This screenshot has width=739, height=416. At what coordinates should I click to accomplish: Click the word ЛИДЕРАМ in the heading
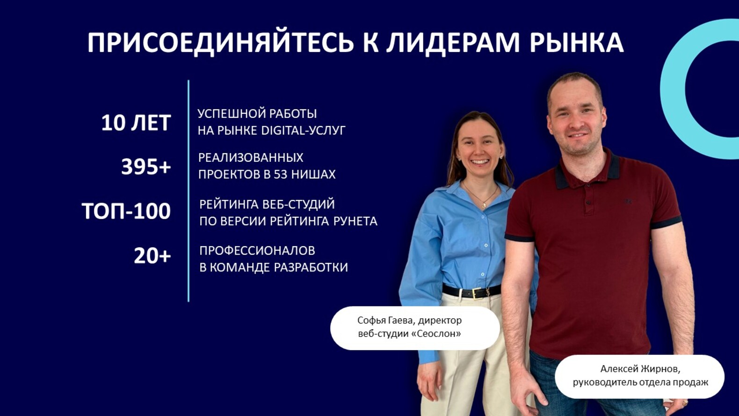(x=452, y=43)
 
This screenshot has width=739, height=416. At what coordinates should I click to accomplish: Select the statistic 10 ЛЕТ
(x=136, y=123)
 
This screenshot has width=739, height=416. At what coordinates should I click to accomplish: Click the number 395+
(x=146, y=167)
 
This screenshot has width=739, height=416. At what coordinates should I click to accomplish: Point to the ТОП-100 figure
(x=126, y=211)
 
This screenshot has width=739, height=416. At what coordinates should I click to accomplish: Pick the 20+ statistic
(x=152, y=256)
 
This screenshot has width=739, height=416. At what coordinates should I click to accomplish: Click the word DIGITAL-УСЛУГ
(x=303, y=131)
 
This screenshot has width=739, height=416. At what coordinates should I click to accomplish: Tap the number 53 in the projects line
(x=280, y=175)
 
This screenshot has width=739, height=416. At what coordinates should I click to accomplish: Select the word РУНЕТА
(x=355, y=221)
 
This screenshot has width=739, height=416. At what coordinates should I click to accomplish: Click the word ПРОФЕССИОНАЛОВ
(x=257, y=251)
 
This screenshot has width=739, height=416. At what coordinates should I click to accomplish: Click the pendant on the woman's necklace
(x=484, y=204)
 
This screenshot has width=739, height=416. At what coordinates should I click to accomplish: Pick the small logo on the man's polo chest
(x=628, y=202)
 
